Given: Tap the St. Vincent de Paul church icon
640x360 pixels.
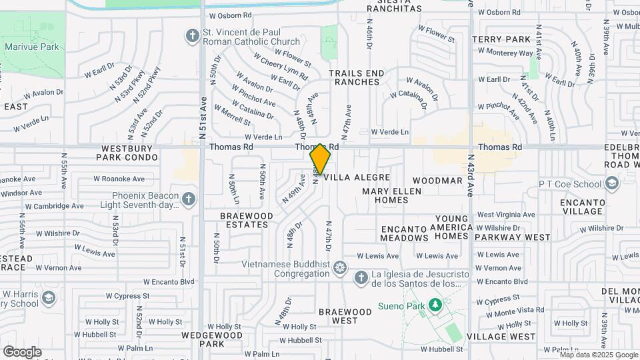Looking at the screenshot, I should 193,35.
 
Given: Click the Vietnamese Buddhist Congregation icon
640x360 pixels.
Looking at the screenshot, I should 340,268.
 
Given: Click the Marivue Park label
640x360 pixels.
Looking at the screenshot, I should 32,47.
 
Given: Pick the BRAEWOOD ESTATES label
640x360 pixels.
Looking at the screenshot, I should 247,220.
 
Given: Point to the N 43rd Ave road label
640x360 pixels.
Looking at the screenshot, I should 471,175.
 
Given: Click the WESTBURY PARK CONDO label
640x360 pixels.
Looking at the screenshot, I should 127,153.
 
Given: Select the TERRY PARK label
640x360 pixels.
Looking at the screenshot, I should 496,40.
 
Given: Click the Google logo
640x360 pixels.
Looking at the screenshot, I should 22,351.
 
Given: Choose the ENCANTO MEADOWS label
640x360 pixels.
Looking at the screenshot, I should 404,233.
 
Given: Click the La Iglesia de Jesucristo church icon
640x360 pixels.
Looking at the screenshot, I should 361,277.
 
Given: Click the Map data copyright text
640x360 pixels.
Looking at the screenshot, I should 598,355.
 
